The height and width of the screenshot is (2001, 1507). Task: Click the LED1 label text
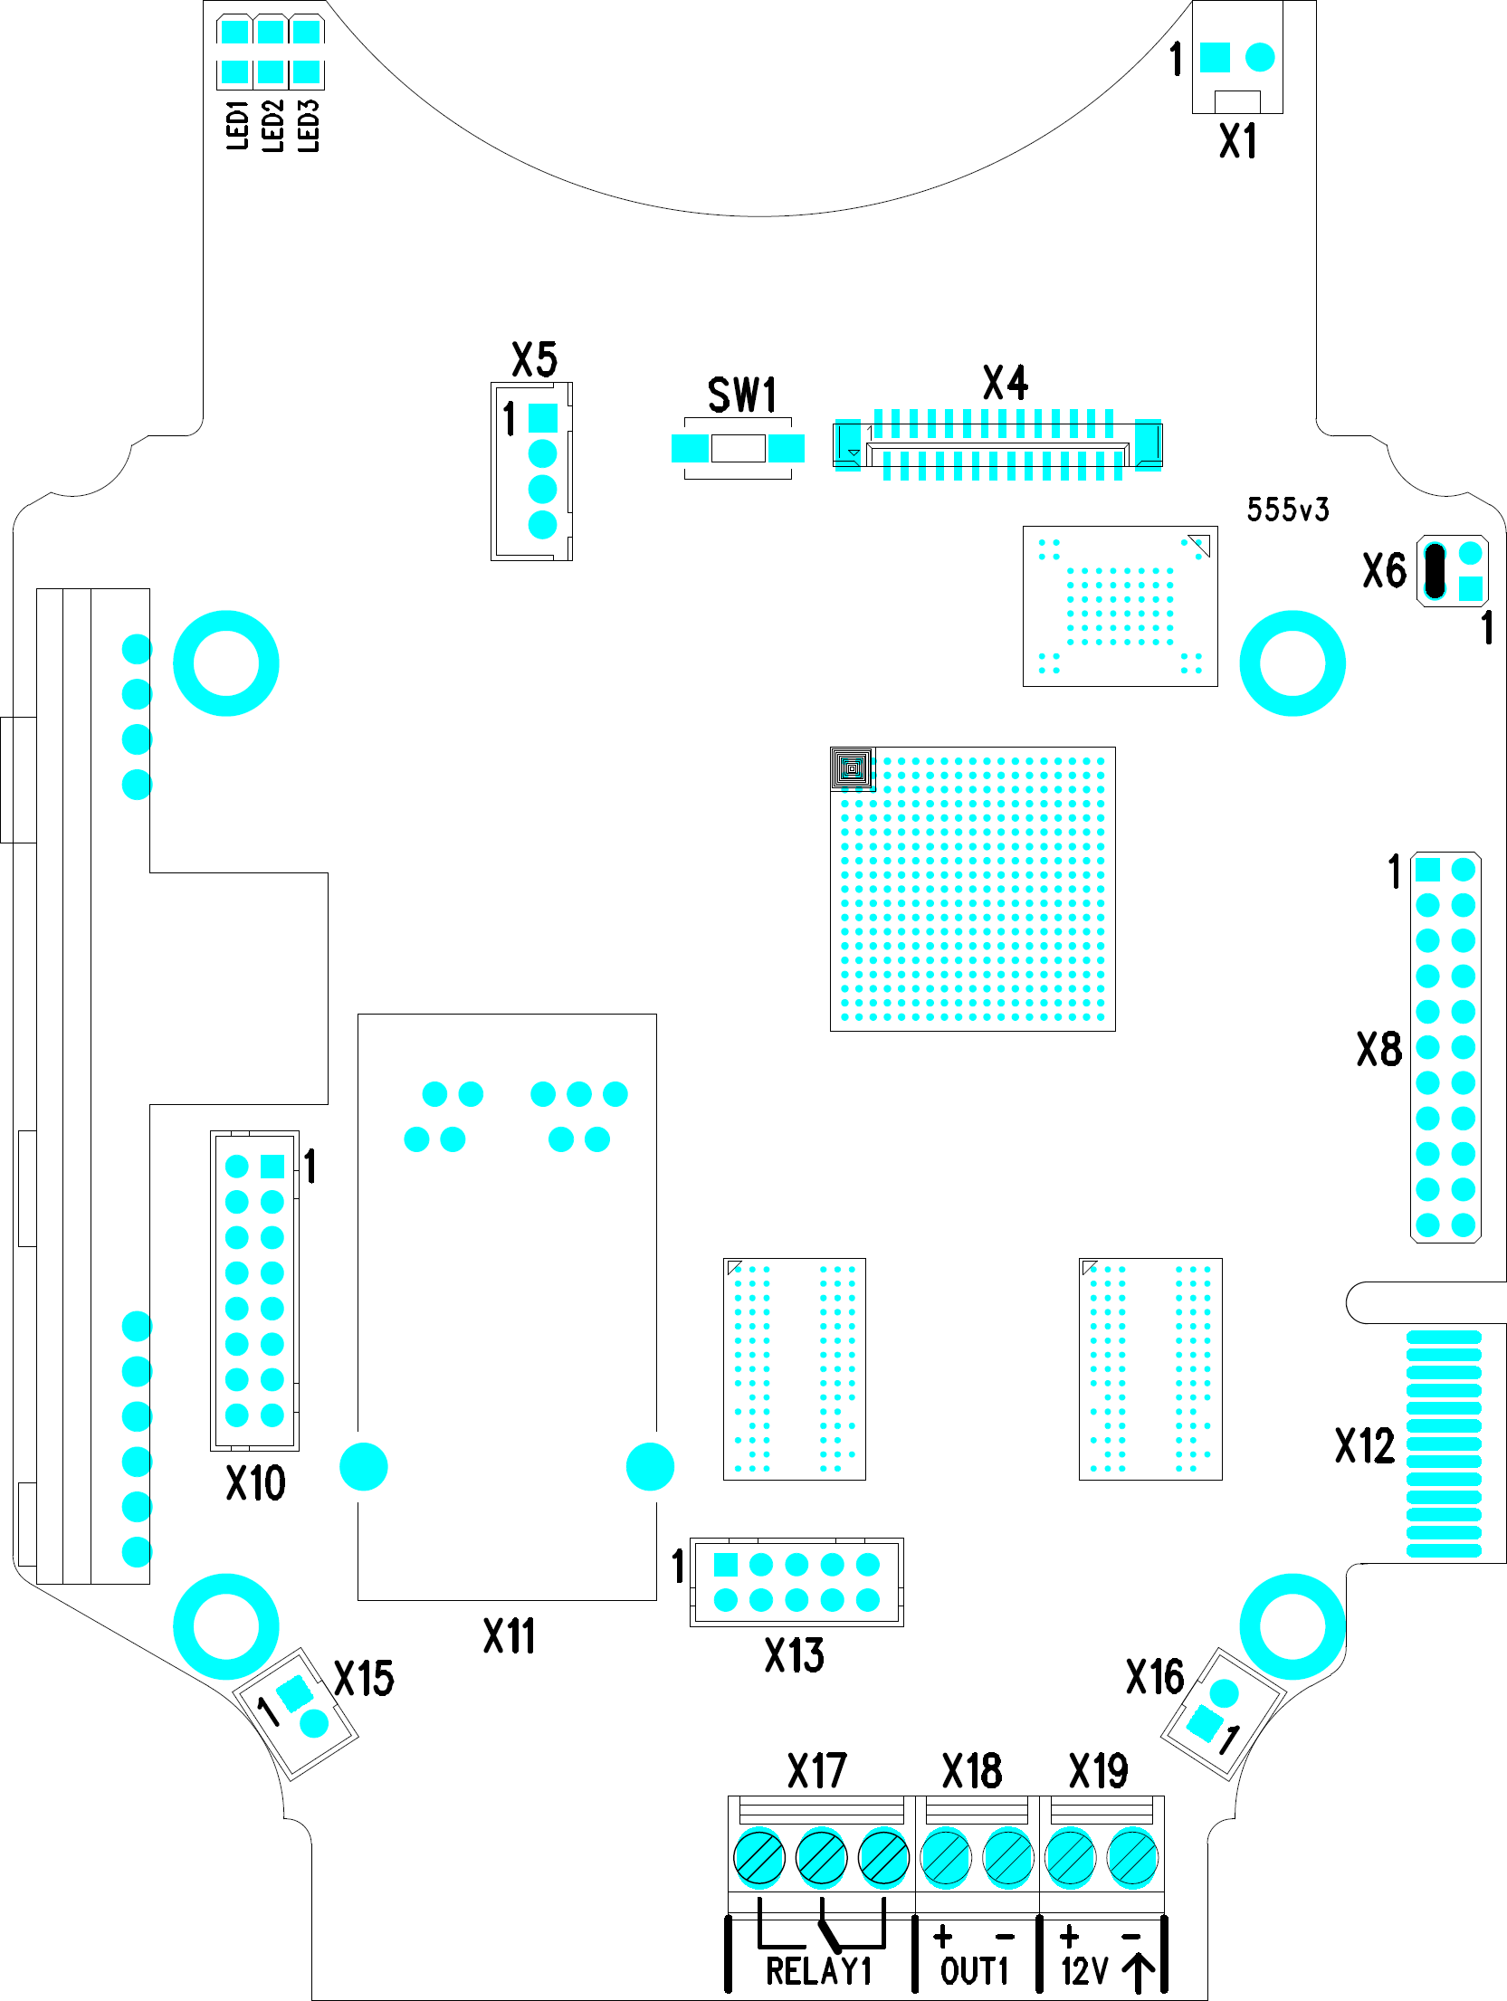237,125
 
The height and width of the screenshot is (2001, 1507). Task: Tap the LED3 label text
309,125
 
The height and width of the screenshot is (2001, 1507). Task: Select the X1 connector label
1238,141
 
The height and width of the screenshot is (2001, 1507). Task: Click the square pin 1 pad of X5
542,417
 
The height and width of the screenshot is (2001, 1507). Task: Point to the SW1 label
742,395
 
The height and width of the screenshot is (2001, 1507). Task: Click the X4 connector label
1006,383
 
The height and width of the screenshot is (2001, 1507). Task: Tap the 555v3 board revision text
1288,510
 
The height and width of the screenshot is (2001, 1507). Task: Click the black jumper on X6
1435,571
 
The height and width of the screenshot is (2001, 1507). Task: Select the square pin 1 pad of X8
1427,870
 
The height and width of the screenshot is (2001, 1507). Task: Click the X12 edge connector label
1365,1445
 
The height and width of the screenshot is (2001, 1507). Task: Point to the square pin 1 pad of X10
272,1166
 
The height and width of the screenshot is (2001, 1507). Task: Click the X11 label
510,1636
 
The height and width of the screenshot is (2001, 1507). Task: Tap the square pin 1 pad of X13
726,1565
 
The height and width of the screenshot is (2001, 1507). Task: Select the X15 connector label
364,1679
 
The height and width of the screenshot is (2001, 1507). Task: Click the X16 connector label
1155,1677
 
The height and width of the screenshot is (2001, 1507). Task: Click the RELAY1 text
818,1970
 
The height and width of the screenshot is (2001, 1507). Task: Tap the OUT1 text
974,1970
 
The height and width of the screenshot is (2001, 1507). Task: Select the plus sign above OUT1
943,1936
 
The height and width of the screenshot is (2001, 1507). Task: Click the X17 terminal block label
817,1771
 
